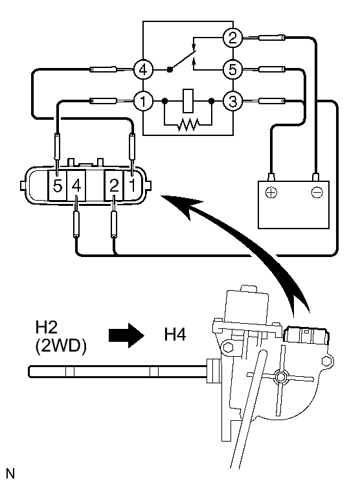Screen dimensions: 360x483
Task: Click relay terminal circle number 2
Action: (x=233, y=38)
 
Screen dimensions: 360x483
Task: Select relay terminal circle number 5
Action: (x=233, y=69)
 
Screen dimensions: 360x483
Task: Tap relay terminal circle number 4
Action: (x=143, y=70)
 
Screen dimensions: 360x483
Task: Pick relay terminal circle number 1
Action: (x=143, y=101)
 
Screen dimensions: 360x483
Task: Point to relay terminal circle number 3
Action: (x=233, y=101)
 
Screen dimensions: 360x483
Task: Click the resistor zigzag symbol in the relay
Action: (x=188, y=124)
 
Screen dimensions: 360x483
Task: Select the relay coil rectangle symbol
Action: (x=188, y=101)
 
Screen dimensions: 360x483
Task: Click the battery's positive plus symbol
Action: (x=271, y=193)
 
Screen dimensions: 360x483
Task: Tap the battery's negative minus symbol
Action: (x=317, y=193)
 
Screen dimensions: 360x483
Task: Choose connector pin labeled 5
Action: (x=57, y=186)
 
